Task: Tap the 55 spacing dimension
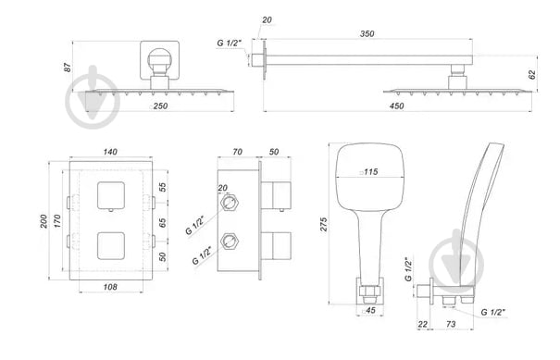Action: pyautogui.click(x=163, y=187)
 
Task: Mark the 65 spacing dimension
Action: pyautogui.click(x=163, y=223)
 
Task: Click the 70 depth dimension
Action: pyautogui.click(x=237, y=151)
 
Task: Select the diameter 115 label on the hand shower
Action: pyautogui.click(x=368, y=171)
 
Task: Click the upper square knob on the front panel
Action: pyautogui.click(x=112, y=194)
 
